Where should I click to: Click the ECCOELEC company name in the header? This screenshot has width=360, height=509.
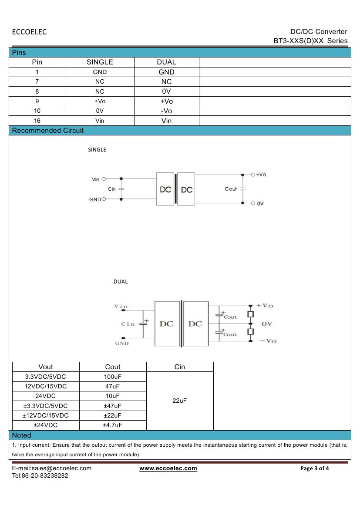click(x=29, y=32)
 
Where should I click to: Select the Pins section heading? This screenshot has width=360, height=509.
click(x=19, y=53)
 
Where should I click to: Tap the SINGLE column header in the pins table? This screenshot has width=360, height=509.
click(x=100, y=62)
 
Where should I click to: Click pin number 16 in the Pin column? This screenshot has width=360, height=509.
click(x=37, y=121)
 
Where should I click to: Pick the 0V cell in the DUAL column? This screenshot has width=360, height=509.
click(x=166, y=91)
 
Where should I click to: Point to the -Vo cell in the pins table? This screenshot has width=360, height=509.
click(x=166, y=111)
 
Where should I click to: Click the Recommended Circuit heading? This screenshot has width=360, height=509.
click(x=48, y=131)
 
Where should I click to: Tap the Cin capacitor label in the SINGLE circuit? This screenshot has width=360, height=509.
click(x=112, y=189)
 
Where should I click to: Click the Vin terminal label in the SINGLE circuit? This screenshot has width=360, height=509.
click(x=96, y=179)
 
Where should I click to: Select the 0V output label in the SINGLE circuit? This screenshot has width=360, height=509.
click(x=260, y=203)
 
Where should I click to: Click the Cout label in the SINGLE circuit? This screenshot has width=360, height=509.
click(x=231, y=189)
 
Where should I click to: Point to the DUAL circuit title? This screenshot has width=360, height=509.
click(x=121, y=282)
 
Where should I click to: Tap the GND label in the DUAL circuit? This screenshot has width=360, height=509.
click(x=122, y=343)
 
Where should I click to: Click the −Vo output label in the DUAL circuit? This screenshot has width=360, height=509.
click(x=268, y=340)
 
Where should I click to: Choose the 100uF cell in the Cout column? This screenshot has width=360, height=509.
click(x=113, y=377)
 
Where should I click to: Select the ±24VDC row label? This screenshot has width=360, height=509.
click(x=45, y=425)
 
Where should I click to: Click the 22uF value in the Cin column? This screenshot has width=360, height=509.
click(x=179, y=401)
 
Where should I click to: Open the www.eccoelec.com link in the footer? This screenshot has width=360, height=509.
click(x=168, y=469)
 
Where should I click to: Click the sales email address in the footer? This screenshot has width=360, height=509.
click(x=52, y=469)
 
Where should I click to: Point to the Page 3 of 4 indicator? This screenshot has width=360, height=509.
click(x=315, y=469)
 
